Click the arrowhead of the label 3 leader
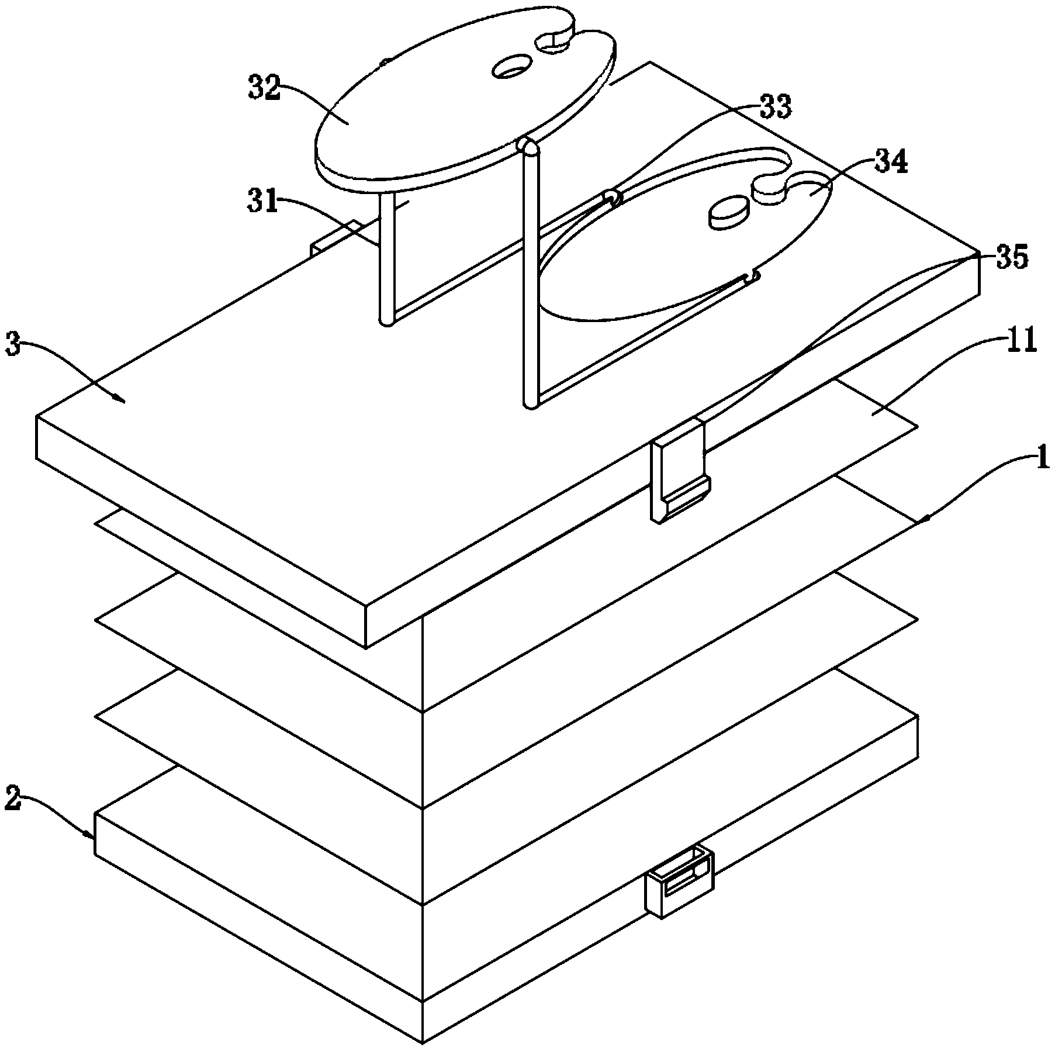click(x=122, y=400)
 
